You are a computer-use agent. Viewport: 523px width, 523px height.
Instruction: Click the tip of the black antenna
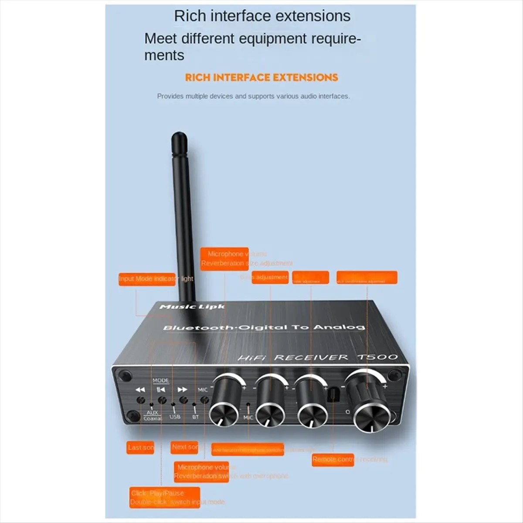click(178, 137)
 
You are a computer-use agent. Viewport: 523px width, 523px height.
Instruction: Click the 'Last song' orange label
click(141, 448)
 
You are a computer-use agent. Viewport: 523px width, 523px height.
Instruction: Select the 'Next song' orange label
click(185, 447)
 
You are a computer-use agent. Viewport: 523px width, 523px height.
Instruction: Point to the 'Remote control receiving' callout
click(333, 459)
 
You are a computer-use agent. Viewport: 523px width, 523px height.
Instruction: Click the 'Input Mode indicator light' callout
click(156, 279)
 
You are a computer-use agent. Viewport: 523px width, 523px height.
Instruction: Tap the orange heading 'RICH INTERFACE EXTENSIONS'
click(261, 78)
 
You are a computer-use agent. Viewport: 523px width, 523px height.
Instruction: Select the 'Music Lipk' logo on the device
click(192, 307)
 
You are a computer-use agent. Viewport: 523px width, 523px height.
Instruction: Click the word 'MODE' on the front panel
click(161, 380)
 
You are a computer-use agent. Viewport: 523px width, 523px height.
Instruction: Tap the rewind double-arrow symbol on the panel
click(140, 390)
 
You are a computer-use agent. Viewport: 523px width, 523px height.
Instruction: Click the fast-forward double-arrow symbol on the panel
click(183, 390)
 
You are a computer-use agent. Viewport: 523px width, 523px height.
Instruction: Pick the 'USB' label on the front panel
click(175, 417)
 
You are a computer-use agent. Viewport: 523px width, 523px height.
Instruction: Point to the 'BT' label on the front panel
click(196, 417)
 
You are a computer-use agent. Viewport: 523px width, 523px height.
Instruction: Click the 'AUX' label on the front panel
click(152, 412)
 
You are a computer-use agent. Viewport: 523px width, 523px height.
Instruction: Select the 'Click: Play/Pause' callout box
click(165, 497)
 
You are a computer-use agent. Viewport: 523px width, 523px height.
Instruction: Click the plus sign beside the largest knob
click(385, 386)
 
